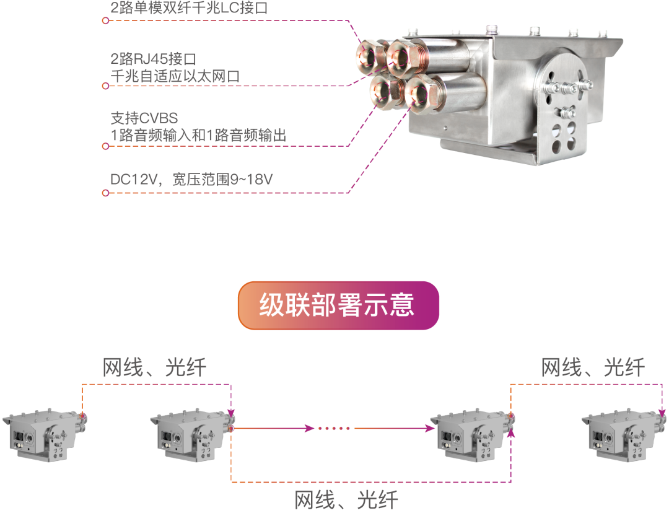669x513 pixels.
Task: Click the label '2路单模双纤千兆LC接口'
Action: point(189,9)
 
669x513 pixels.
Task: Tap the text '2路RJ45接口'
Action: point(153,59)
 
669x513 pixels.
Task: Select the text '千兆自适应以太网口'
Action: point(175,77)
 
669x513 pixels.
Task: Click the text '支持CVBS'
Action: point(144,118)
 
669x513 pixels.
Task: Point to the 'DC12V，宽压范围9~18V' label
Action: point(191,180)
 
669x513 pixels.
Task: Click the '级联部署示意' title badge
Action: point(338,305)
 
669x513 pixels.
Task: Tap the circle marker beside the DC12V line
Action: point(105,193)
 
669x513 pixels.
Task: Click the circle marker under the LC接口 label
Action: point(105,20)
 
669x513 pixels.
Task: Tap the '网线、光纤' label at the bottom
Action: point(346,500)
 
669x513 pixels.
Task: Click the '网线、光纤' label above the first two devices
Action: point(154,368)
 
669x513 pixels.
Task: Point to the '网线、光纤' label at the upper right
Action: point(593,368)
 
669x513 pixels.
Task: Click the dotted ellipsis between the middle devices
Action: point(335,428)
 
